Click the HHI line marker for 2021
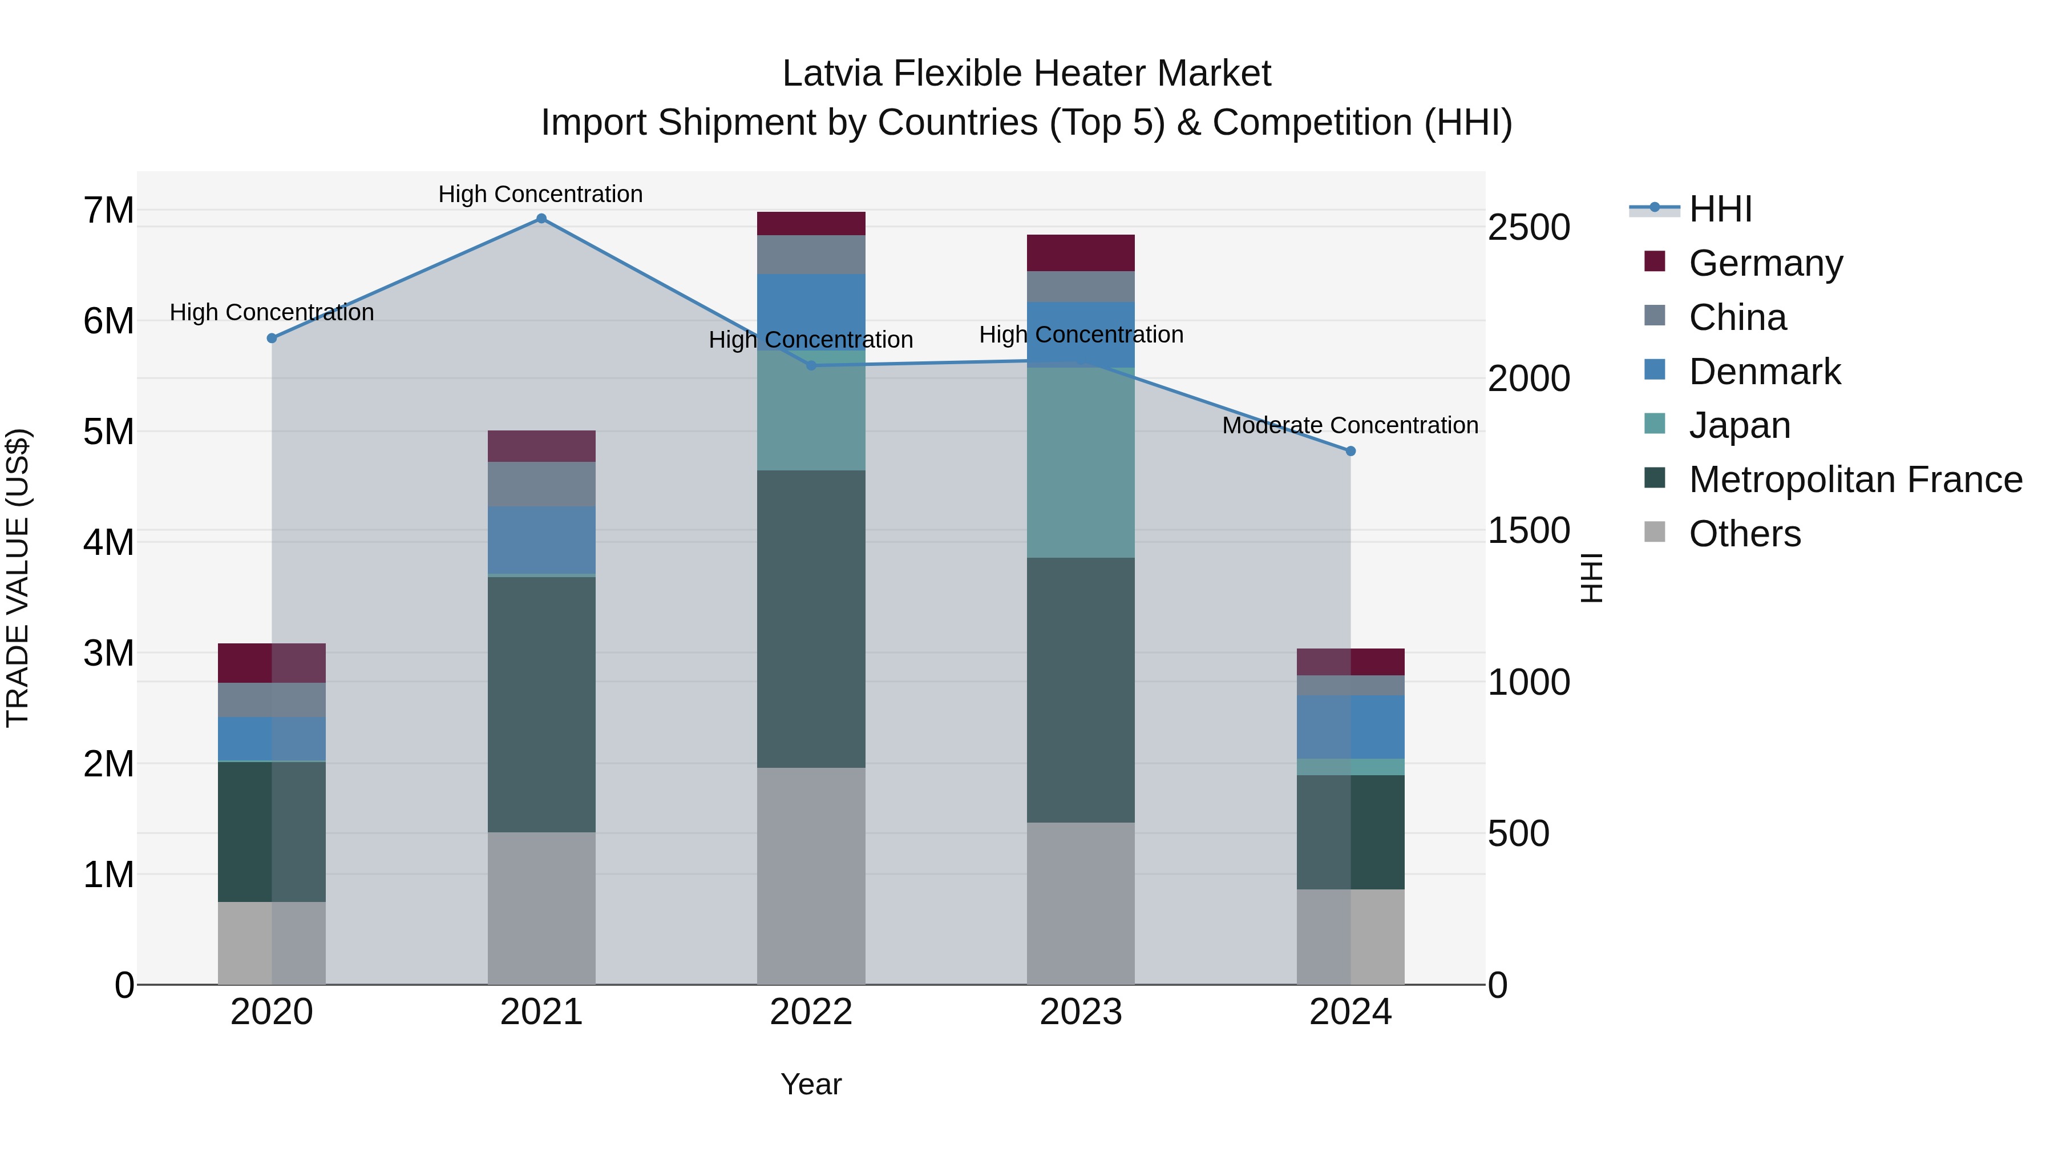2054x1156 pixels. coord(541,219)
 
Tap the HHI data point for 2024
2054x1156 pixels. coord(1351,452)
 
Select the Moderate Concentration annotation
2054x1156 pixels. coord(1350,426)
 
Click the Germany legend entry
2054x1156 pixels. coord(1765,263)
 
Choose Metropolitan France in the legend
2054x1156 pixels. coord(1855,480)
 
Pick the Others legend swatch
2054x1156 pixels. coord(1655,532)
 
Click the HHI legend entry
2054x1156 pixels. coord(1720,209)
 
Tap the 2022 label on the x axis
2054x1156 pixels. coord(811,1012)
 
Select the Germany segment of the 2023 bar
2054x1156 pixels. coord(1081,253)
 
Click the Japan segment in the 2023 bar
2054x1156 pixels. coord(1081,463)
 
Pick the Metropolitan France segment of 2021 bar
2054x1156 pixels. coord(541,704)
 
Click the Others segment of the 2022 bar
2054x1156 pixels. coord(811,876)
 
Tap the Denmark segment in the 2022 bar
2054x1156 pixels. coord(811,311)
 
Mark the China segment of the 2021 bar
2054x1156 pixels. coord(541,484)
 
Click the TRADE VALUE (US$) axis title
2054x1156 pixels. coord(18,578)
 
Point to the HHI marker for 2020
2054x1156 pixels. coord(272,339)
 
